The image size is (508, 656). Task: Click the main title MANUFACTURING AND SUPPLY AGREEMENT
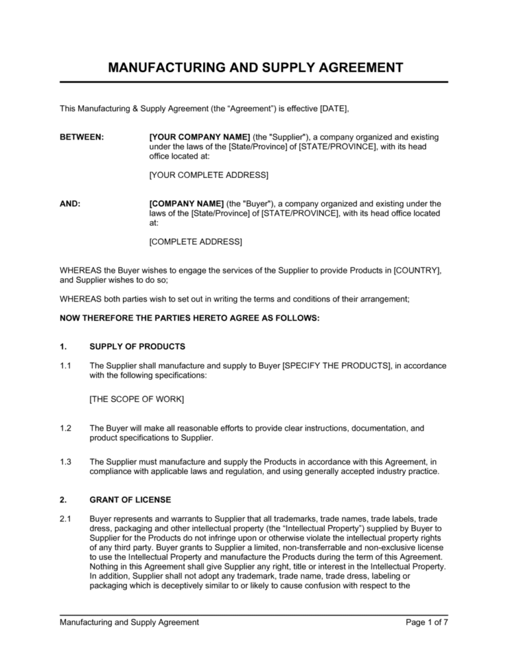pyautogui.click(x=254, y=68)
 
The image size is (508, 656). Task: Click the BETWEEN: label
pyautogui.click(x=81, y=137)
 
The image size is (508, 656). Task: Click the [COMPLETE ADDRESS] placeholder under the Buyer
pyautogui.click(x=196, y=242)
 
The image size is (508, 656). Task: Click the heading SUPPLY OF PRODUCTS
pyautogui.click(x=137, y=346)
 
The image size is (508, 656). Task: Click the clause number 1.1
pyautogui.click(x=65, y=365)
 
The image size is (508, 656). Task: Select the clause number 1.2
pyautogui.click(x=65, y=428)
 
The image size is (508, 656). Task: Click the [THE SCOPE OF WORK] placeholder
pyautogui.click(x=136, y=400)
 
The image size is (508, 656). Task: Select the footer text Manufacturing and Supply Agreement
pyautogui.click(x=129, y=622)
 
